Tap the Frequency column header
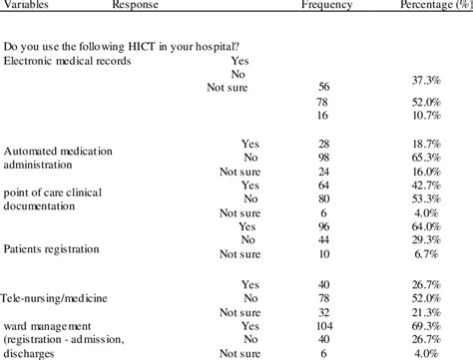click(x=326, y=4)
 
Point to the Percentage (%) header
click(x=431, y=4)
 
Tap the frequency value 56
click(x=323, y=87)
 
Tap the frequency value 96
click(x=323, y=226)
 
